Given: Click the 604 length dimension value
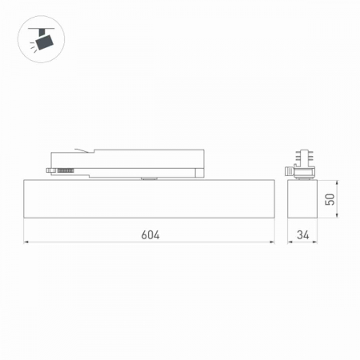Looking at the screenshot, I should [x=150, y=235].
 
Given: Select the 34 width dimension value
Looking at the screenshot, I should [x=302, y=235].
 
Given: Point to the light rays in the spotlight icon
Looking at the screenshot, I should [x=30, y=46].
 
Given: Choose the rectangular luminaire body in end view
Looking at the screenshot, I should [x=303, y=200].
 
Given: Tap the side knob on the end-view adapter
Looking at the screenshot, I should [x=288, y=170].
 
